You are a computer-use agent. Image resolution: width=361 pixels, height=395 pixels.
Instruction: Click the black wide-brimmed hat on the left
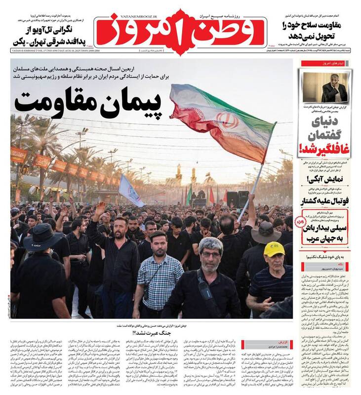[41, 237]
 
